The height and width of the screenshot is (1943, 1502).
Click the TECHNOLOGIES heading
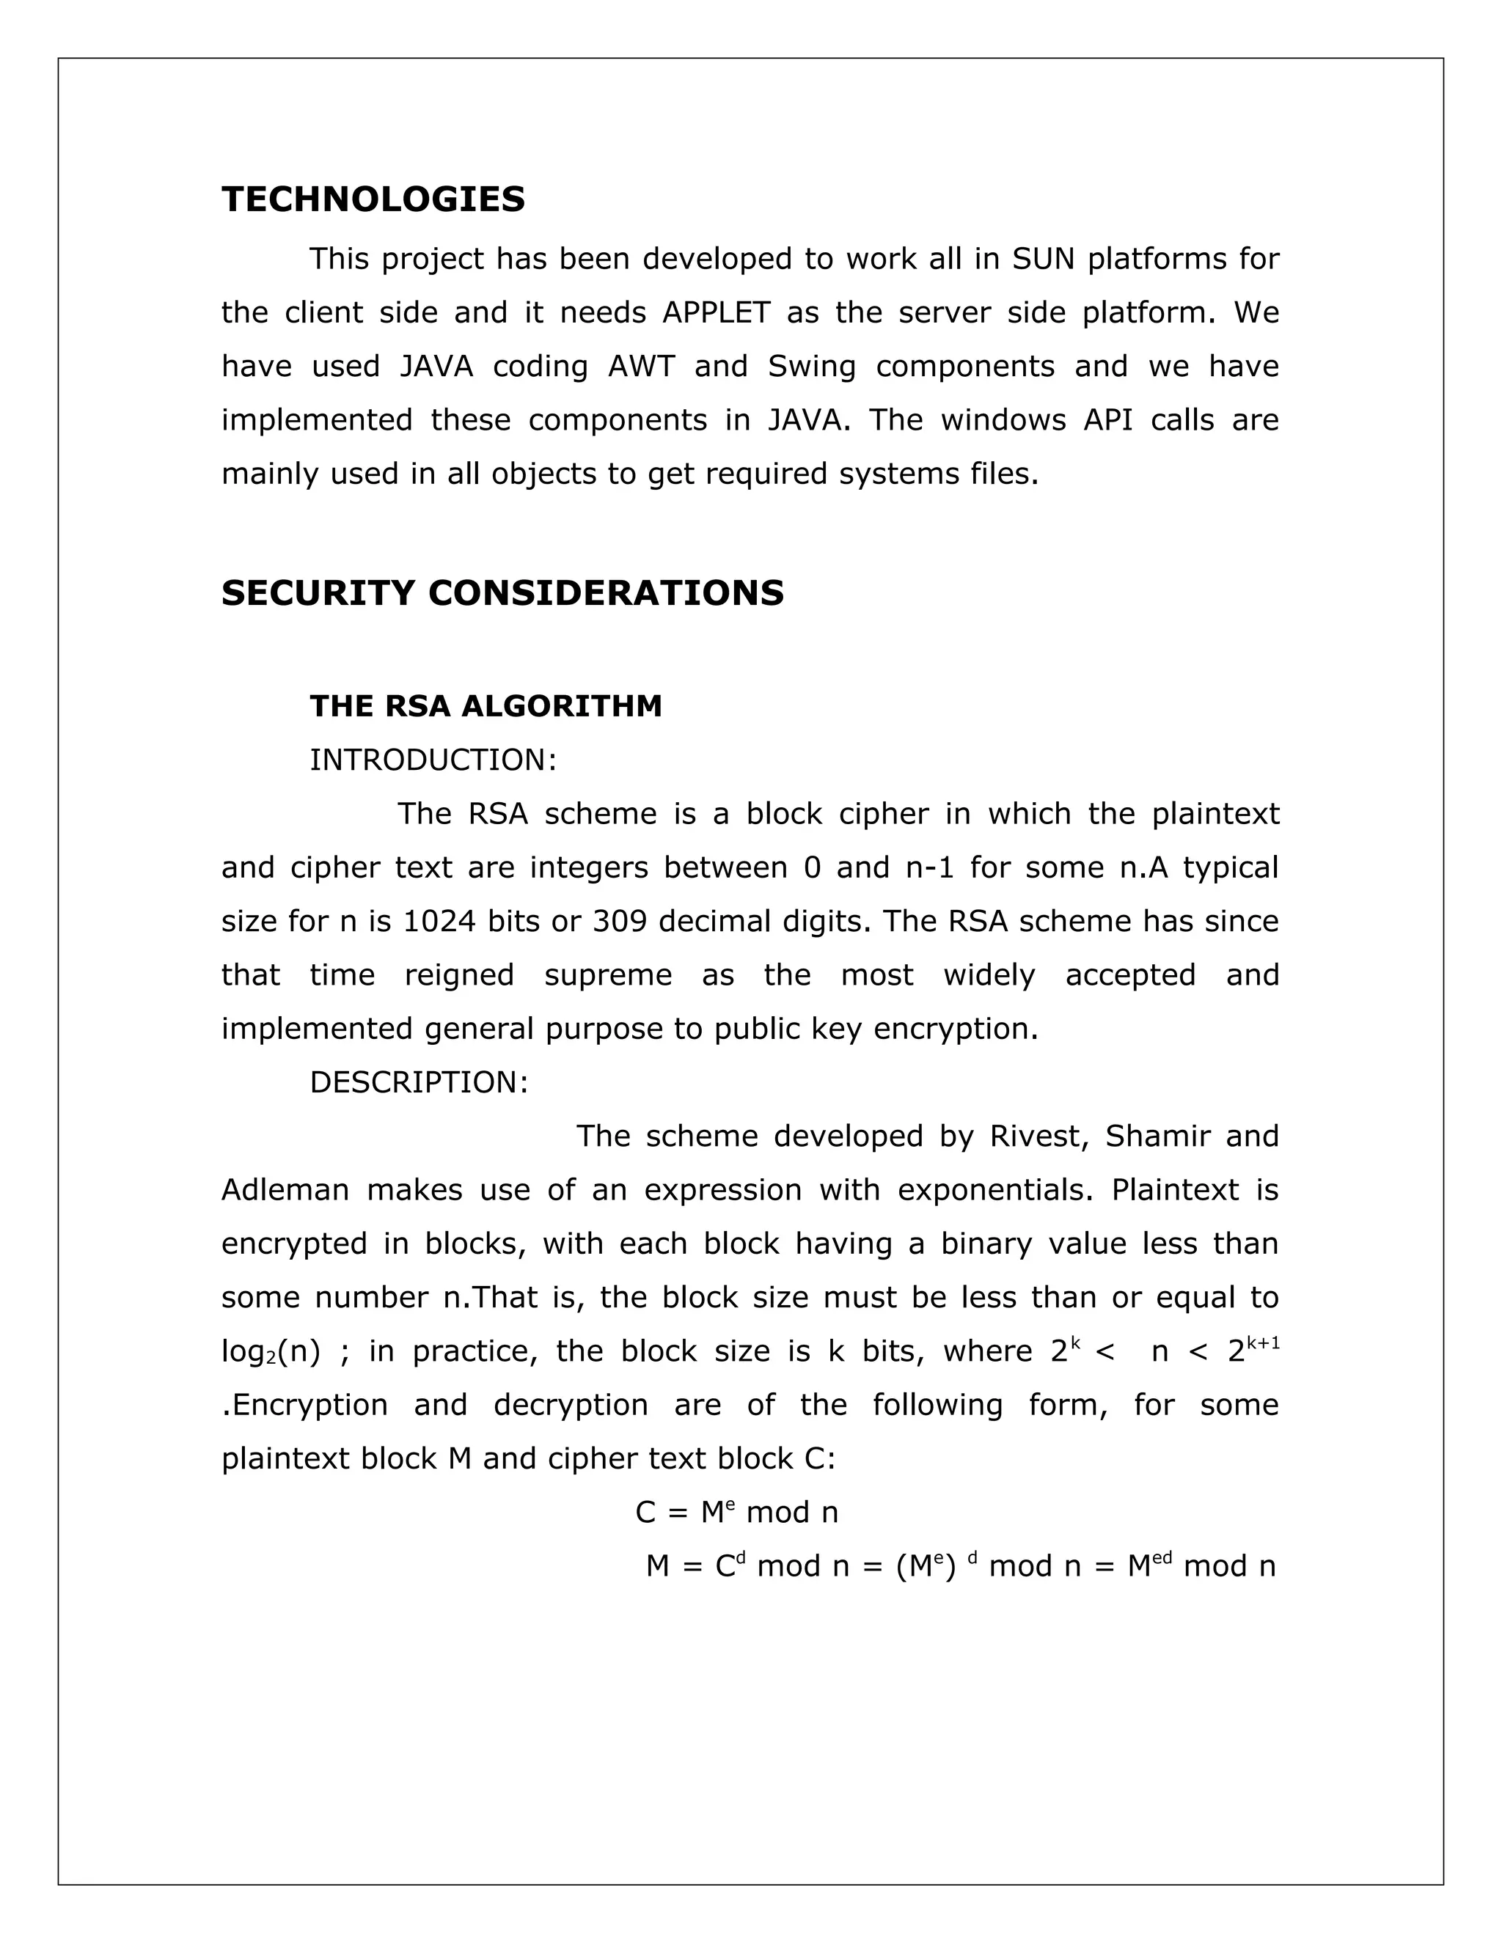click(373, 199)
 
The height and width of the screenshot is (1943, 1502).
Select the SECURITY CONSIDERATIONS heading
click(502, 593)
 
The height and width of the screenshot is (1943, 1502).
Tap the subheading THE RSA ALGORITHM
click(485, 706)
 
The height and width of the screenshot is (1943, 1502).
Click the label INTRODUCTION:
click(433, 760)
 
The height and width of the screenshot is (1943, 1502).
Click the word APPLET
click(715, 313)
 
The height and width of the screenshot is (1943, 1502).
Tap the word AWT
click(641, 367)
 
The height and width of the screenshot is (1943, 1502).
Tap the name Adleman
click(285, 1190)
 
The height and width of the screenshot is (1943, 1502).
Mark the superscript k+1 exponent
click(1264, 1342)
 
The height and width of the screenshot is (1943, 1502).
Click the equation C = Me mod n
click(736, 1513)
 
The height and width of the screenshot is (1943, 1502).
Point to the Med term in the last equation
click(1149, 1566)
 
